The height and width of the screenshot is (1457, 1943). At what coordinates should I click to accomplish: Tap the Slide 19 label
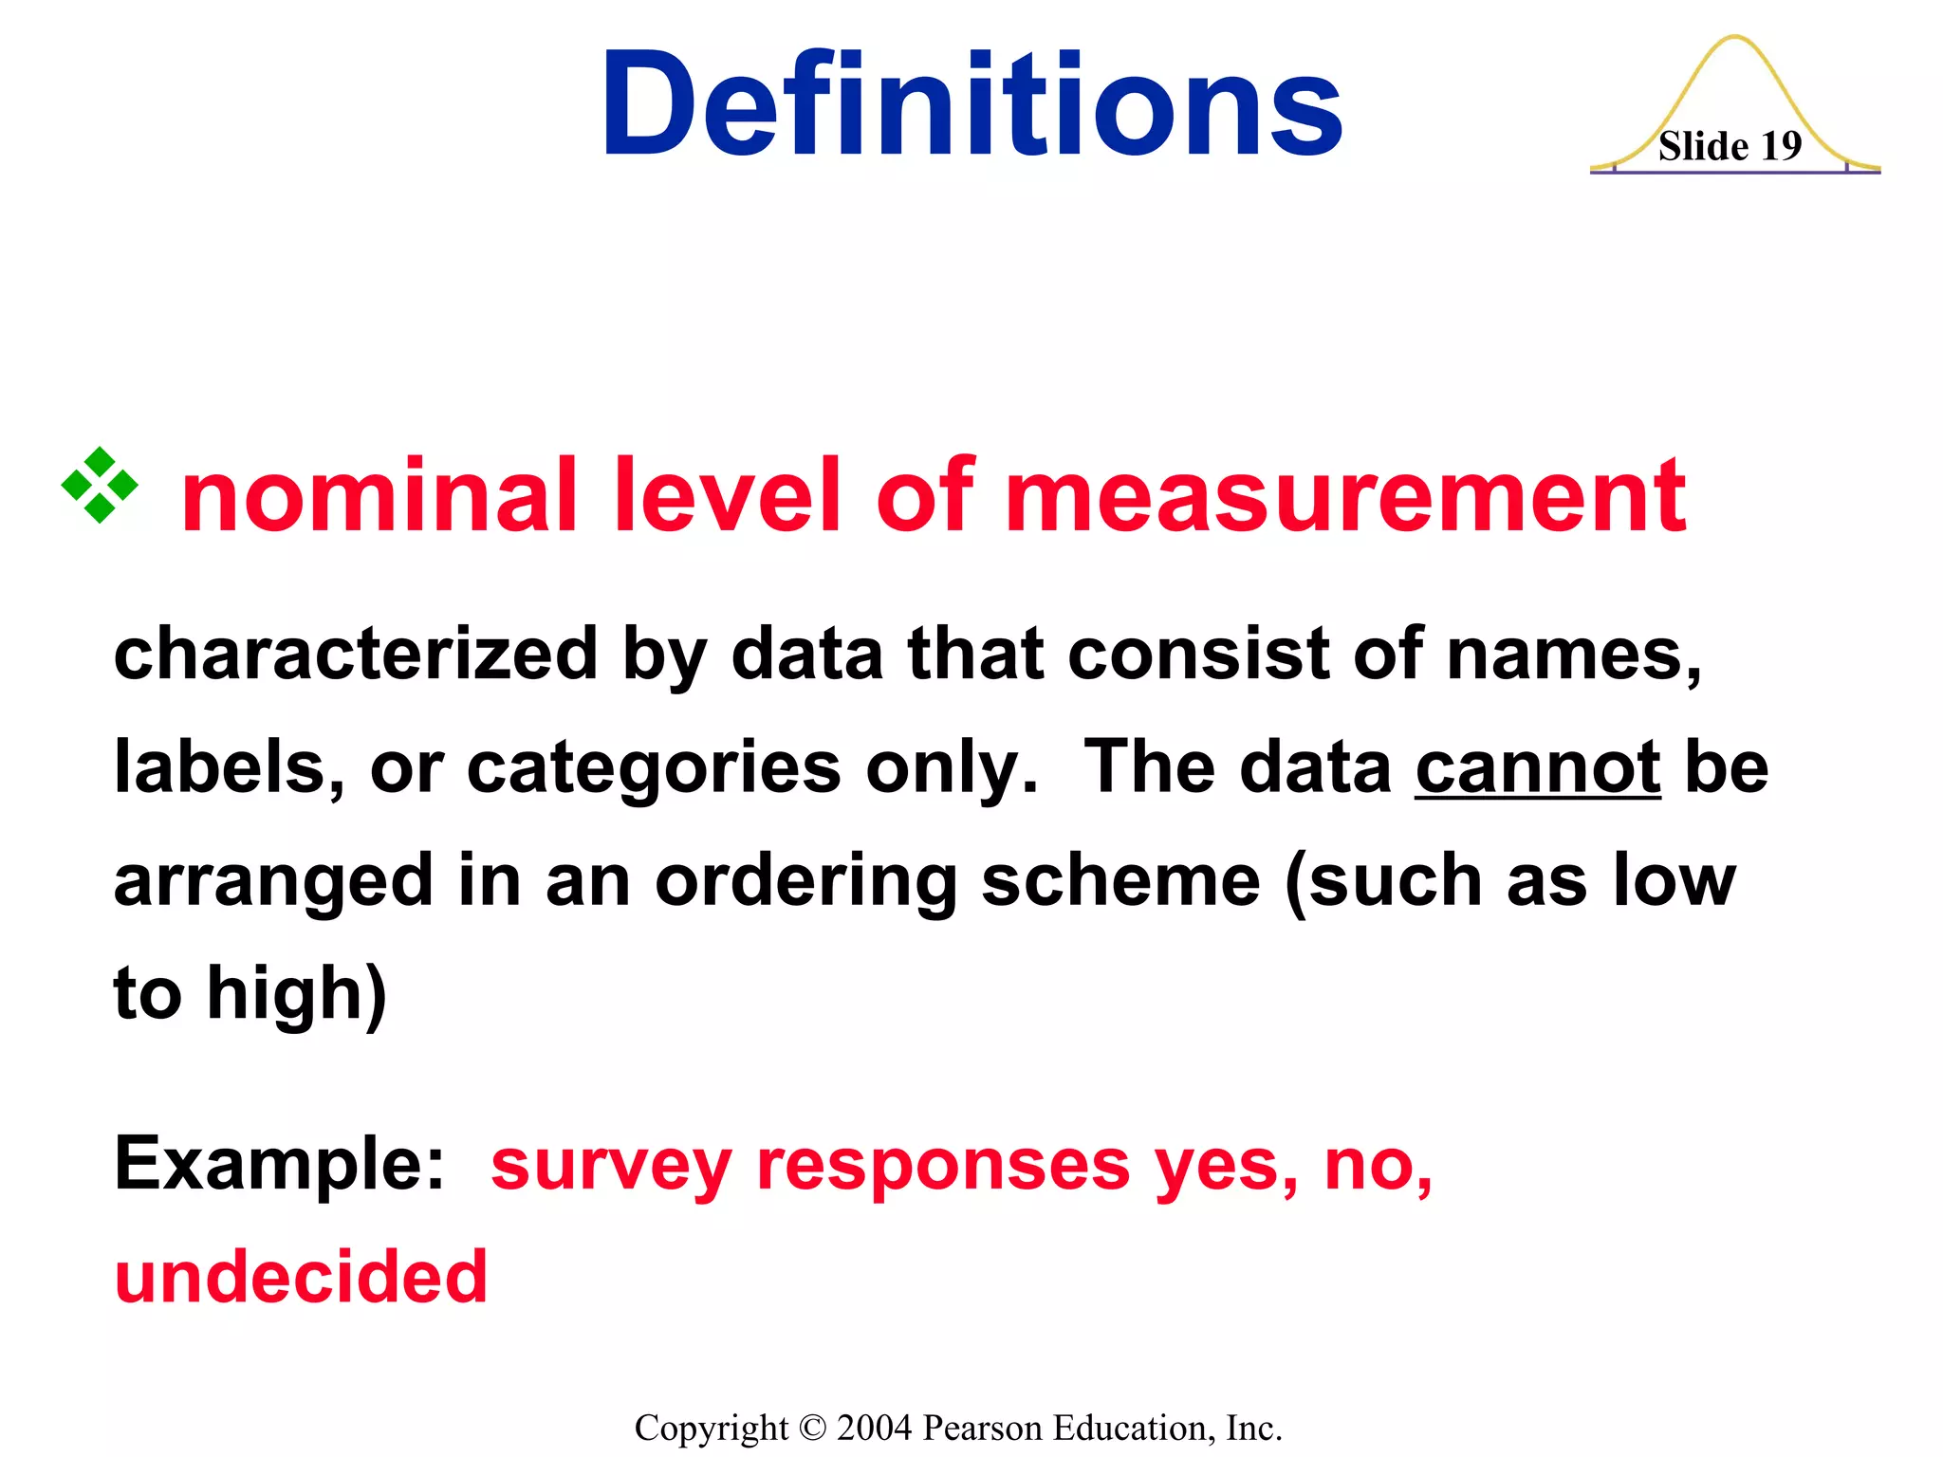(1730, 147)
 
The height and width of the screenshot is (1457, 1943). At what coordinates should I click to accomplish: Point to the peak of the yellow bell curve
(1734, 38)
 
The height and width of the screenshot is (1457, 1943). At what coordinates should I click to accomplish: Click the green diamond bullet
(100, 486)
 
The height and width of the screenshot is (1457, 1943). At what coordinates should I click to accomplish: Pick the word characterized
(355, 655)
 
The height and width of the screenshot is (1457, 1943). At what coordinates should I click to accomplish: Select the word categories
(654, 768)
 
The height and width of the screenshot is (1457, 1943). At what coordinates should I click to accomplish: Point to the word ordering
(806, 882)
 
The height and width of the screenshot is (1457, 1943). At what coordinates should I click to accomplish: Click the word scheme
(1120, 880)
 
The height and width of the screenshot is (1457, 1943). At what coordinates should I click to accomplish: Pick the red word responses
(943, 1167)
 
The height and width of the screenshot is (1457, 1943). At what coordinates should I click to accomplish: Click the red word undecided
(301, 1277)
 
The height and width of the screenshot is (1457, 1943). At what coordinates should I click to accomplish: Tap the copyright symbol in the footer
(813, 1428)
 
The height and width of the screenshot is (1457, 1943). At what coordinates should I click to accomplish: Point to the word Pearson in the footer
(982, 1428)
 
